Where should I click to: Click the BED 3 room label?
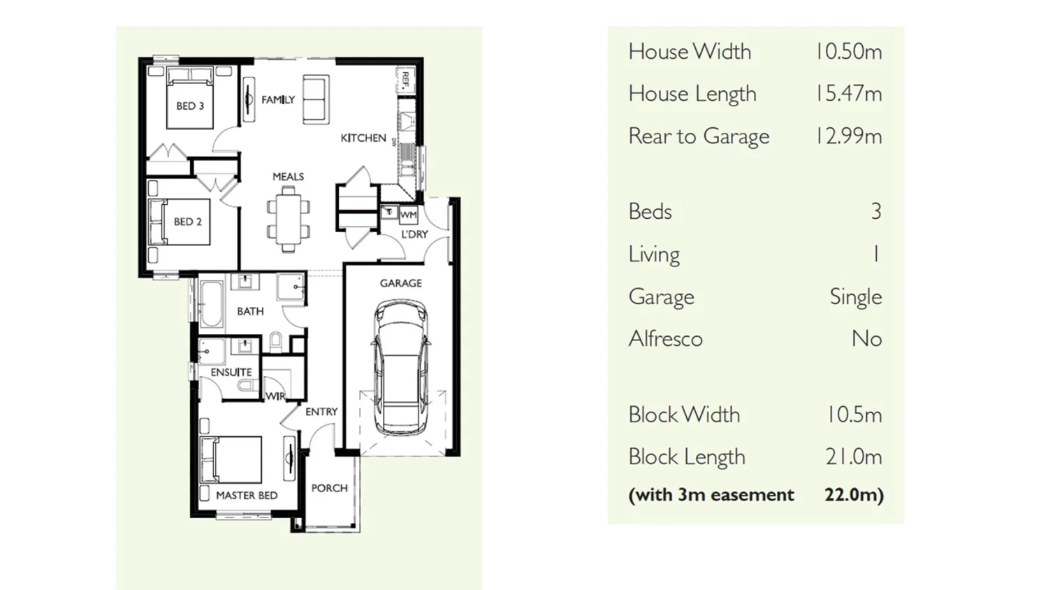pyautogui.click(x=190, y=106)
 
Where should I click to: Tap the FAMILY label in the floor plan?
pyautogui.click(x=278, y=100)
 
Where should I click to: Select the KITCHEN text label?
pyautogui.click(x=363, y=138)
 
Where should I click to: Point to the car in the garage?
pyautogui.click(x=401, y=368)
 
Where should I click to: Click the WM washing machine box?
pyautogui.click(x=409, y=215)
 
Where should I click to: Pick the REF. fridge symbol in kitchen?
pyautogui.click(x=405, y=80)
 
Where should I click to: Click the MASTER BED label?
pyautogui.click(x=247, y=495)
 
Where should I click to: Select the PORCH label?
pyautogui.click(x=329, y=488)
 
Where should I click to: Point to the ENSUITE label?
pyautogui.click(x=231, y=372)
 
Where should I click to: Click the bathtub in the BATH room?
pyautogui.click(x=211, y=304)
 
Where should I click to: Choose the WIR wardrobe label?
pyautogui.click(x=275, y=396)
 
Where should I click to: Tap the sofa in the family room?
pyautogui.click(x=316, y=100)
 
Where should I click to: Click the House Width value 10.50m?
pyautogui.click(x=848, y=52)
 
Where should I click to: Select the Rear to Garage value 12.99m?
pyautogui.click(x=848, y=136)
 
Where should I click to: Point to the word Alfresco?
pyautogui.click(x=665, y=339)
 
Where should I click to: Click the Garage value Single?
pyautogui.click(x=855, y=297)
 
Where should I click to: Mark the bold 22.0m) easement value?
pyautogui.click(x=854, y=495)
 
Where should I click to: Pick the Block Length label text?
pyautogui.click(x=687, y=457)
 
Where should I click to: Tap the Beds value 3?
pyautogui.click(x=875, y=212)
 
